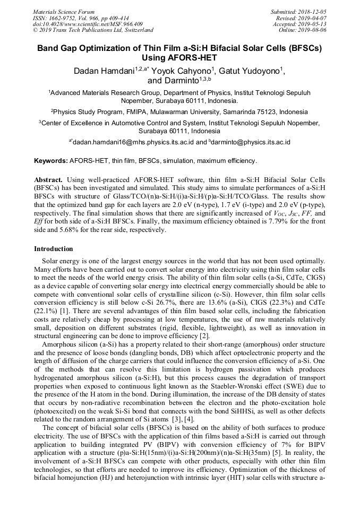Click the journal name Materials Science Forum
(x=64, y=12)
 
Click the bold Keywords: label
(x=51, y=160)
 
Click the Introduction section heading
(x=54, y=248)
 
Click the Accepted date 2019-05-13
(x=312, y=24)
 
